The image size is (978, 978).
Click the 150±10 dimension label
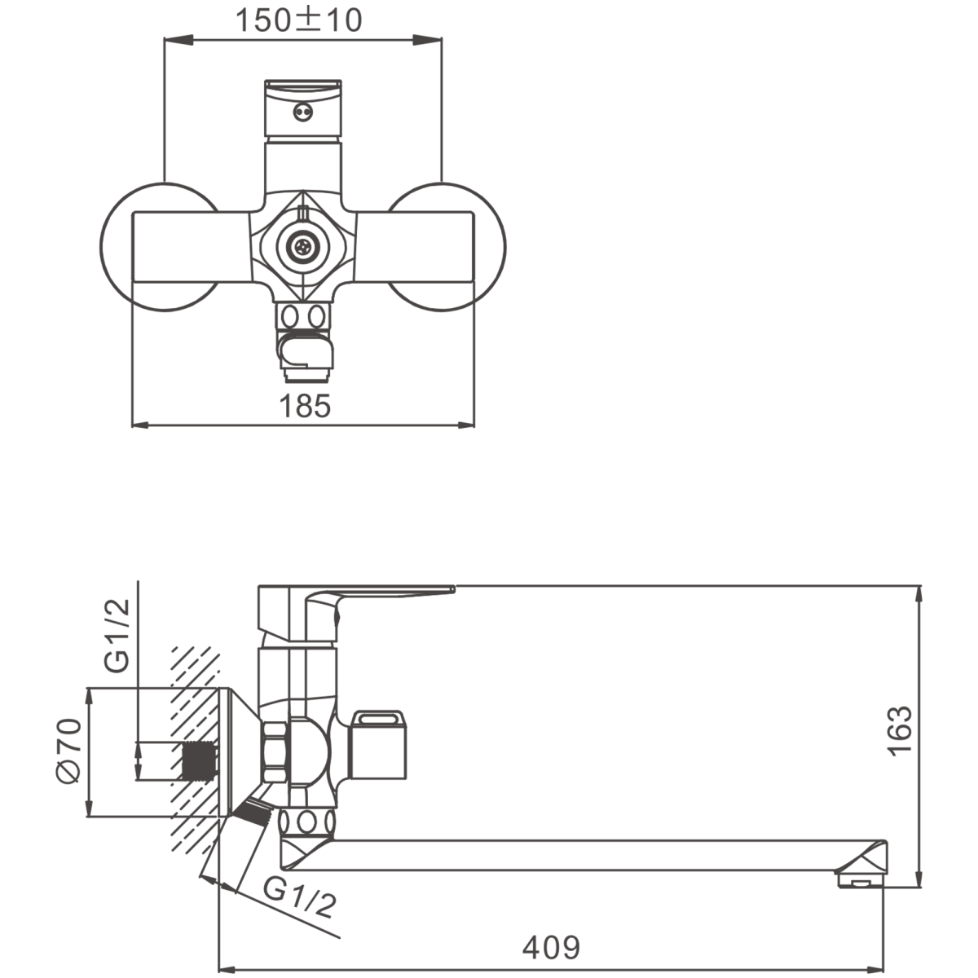[x=299, y=20]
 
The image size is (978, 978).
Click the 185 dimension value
[x=305, y=406]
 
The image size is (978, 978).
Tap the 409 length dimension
[x=551, y=947]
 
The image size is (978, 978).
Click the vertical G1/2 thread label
[x=117, y=636]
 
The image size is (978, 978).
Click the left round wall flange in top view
[x=160, y=247]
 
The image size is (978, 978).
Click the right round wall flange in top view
[x=447, y=247]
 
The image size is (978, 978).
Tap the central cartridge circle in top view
[x=303, y=247]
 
